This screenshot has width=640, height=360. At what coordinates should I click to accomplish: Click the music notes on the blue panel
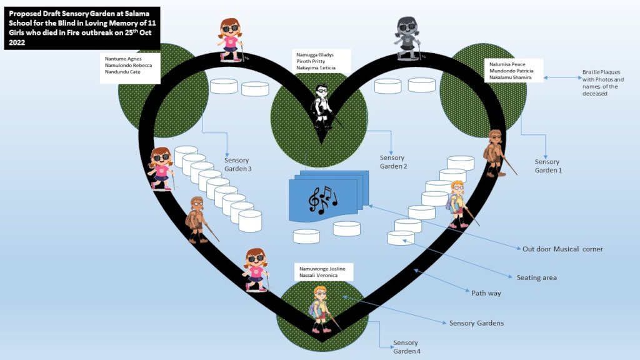coord(322,199)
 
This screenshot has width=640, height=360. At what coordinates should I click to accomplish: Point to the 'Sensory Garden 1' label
coord(548,166)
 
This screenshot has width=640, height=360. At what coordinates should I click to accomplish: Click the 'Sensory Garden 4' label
coord(406,347)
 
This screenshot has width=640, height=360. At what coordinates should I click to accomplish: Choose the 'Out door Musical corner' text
coord(562,249)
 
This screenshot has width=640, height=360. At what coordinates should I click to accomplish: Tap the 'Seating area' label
coord(536,277)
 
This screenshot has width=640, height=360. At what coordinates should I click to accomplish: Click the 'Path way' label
coord(486,292)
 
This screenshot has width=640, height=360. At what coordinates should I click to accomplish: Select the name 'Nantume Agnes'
coord(122,59)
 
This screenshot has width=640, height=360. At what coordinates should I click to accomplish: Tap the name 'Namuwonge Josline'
coord(321,267)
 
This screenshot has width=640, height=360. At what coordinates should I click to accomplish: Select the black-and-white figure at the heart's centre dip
coord(324,105)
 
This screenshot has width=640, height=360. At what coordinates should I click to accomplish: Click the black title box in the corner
coord(82,27)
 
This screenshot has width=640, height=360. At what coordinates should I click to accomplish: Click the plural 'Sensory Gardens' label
coord(476,323)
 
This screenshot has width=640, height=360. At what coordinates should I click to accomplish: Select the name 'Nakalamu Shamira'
coord(507,77)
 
